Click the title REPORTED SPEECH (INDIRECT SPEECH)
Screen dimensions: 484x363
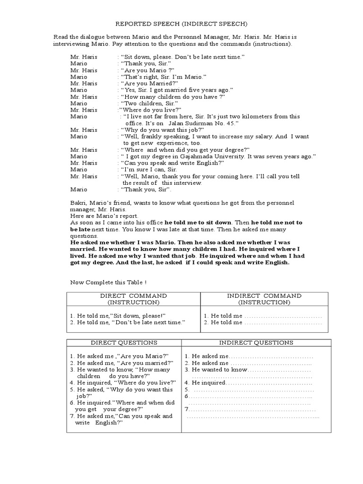182,23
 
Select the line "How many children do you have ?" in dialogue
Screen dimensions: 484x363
172,96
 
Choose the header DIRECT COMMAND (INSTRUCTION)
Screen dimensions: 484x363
133,299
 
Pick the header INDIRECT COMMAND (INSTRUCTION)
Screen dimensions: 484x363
264,299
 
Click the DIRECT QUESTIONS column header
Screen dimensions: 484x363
124,343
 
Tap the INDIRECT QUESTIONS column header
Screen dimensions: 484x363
256,343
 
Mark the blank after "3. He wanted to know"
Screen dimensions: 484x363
279,370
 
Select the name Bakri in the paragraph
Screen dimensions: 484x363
78,203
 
